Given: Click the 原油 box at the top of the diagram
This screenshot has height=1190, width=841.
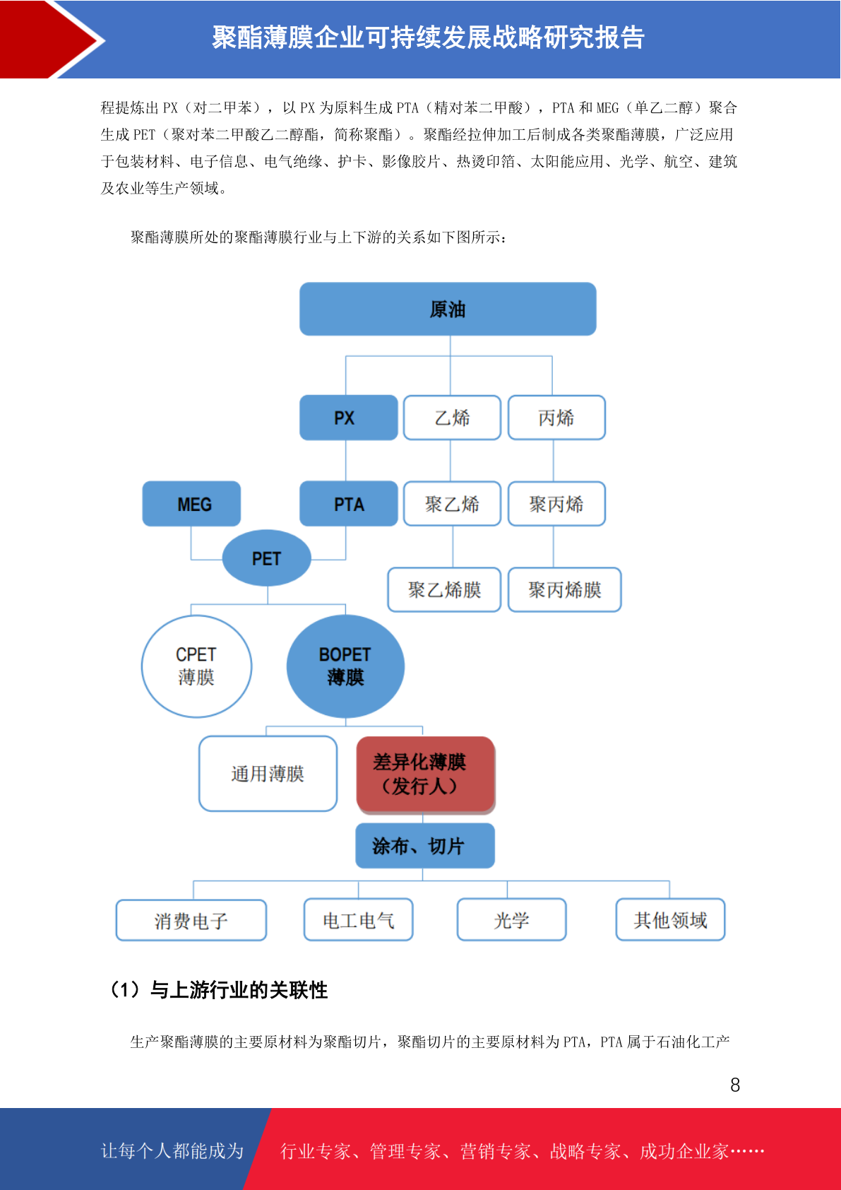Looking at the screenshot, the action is pos(448,309).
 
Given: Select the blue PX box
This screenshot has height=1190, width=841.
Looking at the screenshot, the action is pos(348,418).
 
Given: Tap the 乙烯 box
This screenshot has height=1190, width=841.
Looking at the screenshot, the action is pos(452,418).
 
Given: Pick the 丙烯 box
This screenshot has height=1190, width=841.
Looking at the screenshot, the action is pos(556,418).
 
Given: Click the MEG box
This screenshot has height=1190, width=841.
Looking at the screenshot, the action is pos(191,504).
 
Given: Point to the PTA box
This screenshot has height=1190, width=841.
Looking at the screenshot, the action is pos(348,504).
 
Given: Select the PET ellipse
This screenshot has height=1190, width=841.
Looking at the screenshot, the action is pos(266,558).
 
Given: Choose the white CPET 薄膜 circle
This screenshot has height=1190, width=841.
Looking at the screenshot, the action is pos(196,666).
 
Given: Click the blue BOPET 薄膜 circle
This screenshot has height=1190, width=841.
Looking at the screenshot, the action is pos(345,666).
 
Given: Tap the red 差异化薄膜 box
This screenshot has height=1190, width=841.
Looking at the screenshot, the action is pos(426,774).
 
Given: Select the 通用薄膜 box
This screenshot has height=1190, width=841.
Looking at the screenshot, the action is pos(268,774).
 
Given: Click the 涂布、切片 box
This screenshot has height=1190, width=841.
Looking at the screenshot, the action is pos(425,846).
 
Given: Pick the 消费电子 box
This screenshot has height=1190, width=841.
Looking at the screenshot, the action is pos(191,920).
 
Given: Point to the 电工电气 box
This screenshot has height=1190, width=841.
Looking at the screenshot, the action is pos(359,919).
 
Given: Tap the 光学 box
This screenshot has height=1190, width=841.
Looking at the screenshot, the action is pos(511,919).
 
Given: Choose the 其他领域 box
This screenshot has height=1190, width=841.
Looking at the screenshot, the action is pos(670,919).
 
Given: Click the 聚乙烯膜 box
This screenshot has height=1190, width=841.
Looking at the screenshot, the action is pos(444,589).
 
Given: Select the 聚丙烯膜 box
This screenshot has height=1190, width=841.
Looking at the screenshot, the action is pos(564,589).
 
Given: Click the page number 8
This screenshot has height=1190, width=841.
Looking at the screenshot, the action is pos(735,1085).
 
